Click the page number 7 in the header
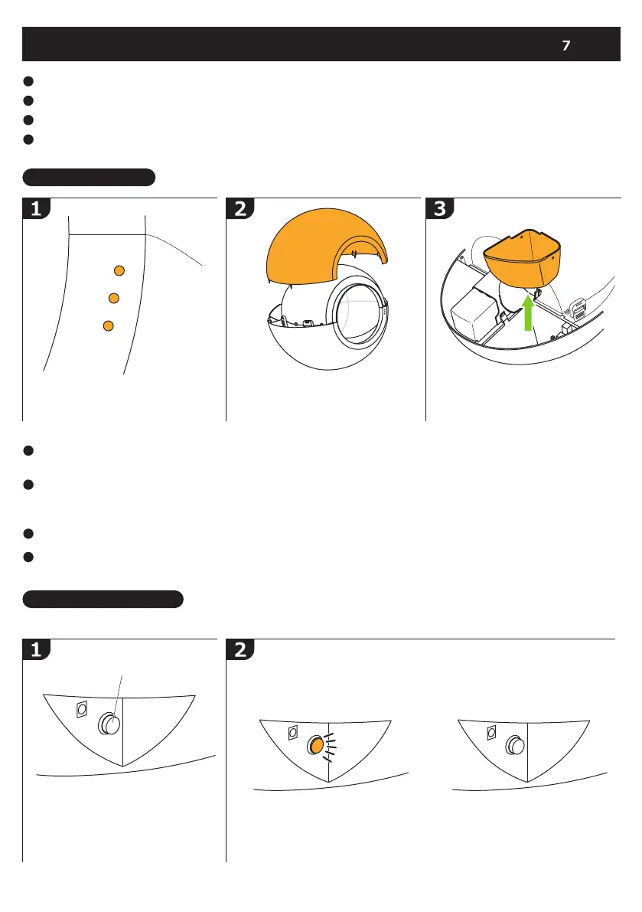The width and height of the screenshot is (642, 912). coord(565,46)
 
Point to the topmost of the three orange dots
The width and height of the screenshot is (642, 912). coord(119,270)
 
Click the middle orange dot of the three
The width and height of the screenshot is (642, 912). coord(114,297)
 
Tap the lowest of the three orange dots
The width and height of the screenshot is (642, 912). coord(109,325)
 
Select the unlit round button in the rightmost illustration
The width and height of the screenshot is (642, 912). coord(513,746)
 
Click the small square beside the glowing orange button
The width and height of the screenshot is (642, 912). coord(292,733)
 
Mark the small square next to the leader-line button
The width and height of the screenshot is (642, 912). coord(82,711)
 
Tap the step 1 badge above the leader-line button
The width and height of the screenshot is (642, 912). coord(36,650)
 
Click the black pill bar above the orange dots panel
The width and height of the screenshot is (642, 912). coord(90,178)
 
